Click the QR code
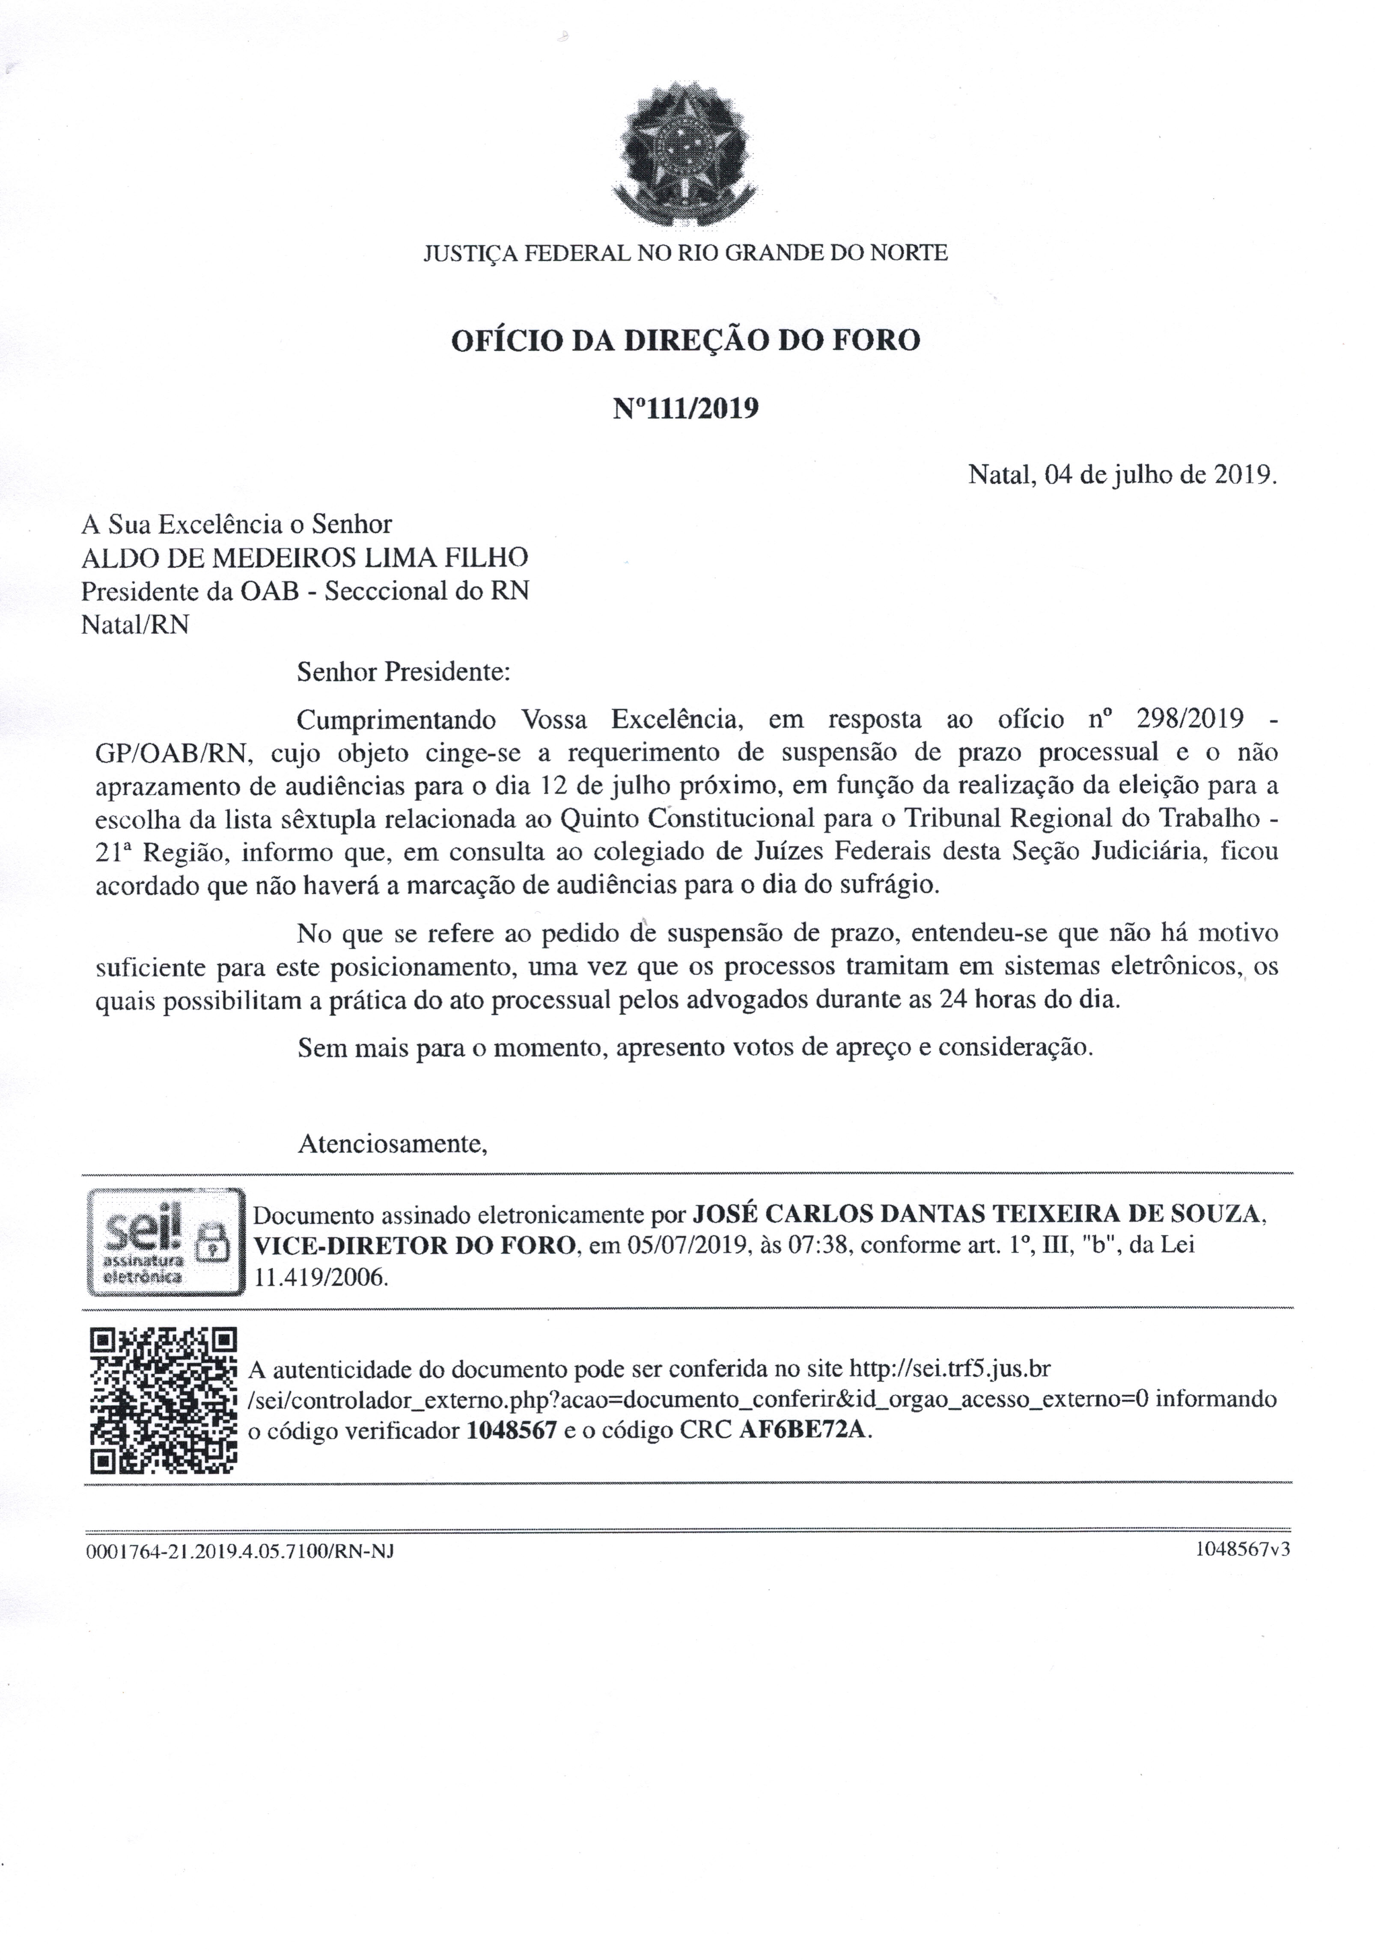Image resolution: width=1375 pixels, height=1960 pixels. tap(162, 1401)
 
